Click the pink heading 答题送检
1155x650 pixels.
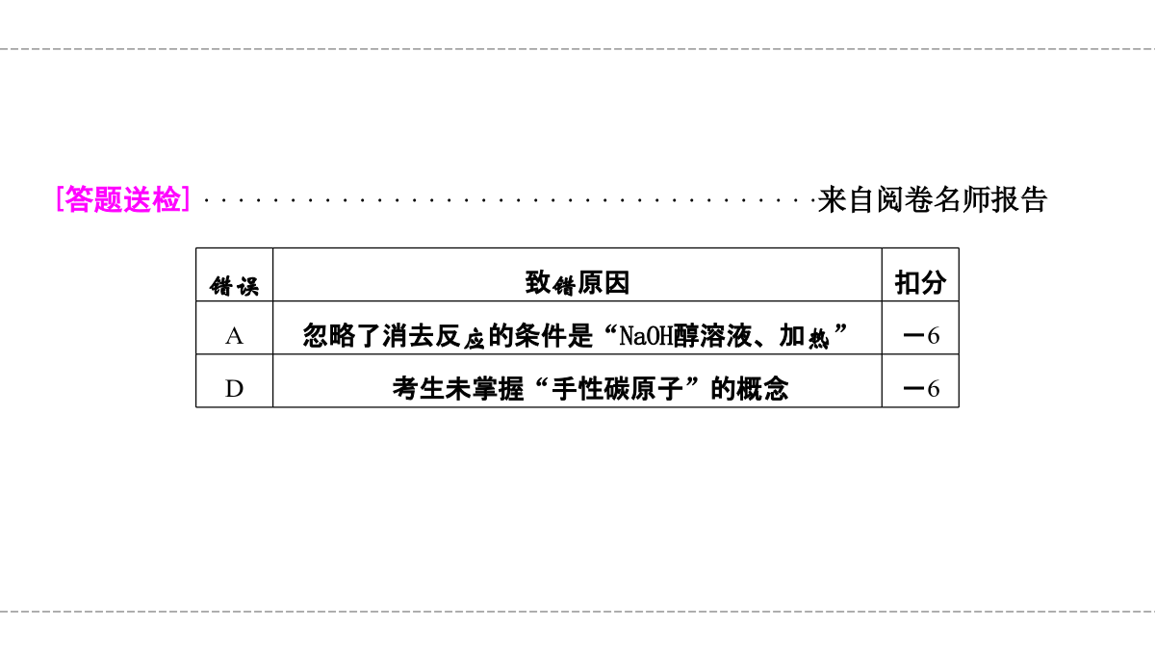123,200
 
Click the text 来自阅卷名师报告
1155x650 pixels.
932,200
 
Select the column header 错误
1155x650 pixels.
234,286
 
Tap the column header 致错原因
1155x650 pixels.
577,283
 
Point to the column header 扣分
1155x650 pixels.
920,283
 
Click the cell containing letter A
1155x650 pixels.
234,336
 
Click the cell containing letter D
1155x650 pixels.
234,389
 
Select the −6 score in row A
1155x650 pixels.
921,336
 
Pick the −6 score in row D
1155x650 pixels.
921,389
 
